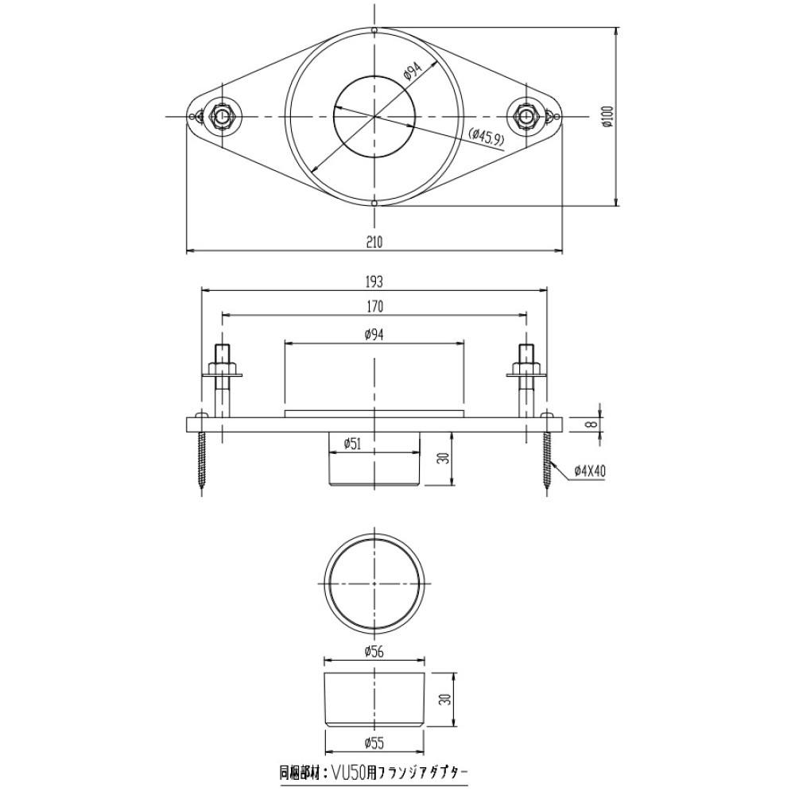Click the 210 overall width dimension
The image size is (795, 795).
(374, 242)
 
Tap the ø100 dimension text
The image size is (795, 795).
(609, 116)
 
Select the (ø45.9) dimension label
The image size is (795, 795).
(487, 137)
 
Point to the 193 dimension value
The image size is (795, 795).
(374, 281)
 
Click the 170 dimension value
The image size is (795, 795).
(374, 307)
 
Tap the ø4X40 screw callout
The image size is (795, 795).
(590, 471)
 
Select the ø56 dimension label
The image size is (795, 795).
(374, 652)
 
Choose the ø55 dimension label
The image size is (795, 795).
(374, 743)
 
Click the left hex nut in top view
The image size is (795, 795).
(220, 116)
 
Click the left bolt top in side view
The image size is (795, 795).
(222, 352)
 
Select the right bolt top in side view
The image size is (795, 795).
(526, 352)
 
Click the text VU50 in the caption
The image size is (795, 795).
(344, 773)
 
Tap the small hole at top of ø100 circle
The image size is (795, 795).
(374, 30)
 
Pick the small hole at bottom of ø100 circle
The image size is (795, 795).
(374, 203)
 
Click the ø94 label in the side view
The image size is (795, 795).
(374, 335)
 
